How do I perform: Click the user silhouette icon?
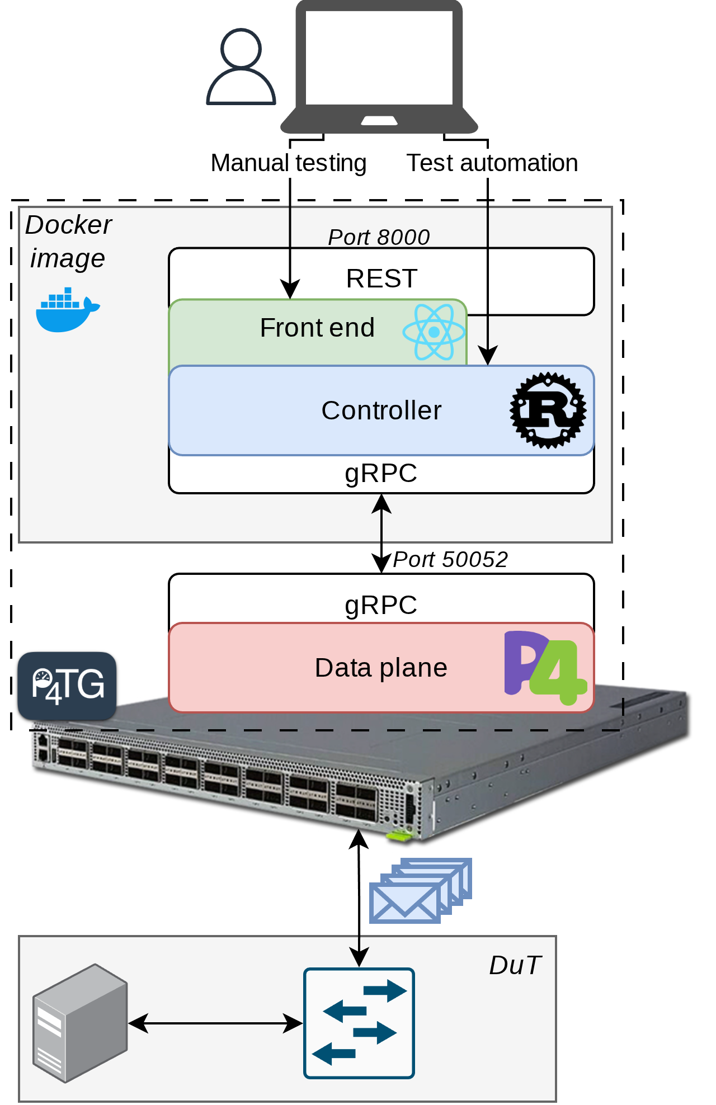(x=241, y=68)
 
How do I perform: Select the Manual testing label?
(x=288, y=163)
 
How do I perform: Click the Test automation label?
(x=492, y=163)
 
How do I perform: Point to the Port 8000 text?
(x=379, y=237)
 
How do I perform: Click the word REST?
(x=381, y=278)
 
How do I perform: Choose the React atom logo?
(x=434, y=332)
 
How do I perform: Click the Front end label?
(x=317, y=328)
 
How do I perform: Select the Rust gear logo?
(x=548, y=410)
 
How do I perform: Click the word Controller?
(x=381, y=410)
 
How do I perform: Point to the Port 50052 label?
(x=450, y=559)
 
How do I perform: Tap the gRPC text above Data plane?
(x=381, y=605)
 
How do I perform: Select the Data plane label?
(x=381, y=668)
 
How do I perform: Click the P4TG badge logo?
(x=67, y=686)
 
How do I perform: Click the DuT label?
(x=515, y=965)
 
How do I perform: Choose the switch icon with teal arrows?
(x=359, y=1023)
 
